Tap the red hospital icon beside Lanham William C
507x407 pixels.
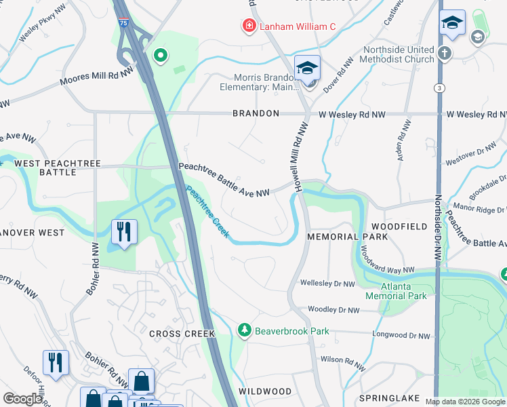[x=249, y=26]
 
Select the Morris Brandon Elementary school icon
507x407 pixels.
[x=307, y=69]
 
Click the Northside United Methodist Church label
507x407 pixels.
[x=399, y=54]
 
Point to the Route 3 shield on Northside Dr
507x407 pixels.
[x=440, y=88]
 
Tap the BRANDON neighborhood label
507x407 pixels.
[x=256, y=113]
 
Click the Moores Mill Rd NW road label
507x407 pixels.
[x=96, y=80]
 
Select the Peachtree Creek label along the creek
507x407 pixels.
[x=208, y=212]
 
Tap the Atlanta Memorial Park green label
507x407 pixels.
[x=397, y=291]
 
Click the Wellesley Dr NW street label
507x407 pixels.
[x=327, y=284]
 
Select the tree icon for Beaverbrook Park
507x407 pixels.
[x=244, y=330]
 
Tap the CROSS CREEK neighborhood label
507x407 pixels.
[x=182, y=334]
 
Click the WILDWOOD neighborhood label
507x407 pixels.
[x=266, y=391]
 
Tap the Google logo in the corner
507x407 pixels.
[x=22, y=399]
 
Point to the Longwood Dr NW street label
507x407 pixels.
[x=401, y=335]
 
